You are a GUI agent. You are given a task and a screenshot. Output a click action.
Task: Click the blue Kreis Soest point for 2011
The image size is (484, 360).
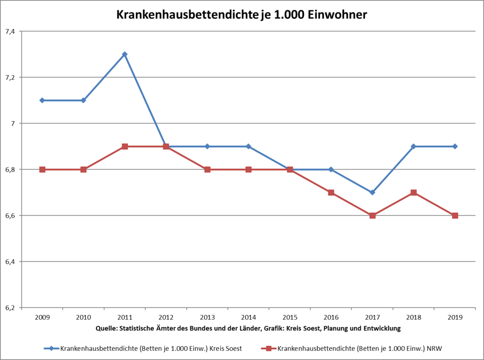124,54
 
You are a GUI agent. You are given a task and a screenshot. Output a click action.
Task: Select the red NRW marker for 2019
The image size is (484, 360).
455,216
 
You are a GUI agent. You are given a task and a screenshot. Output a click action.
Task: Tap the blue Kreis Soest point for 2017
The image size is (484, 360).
372,192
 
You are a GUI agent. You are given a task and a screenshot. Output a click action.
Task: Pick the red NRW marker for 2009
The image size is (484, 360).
42,170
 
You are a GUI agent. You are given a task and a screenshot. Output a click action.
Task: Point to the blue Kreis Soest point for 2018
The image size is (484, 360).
414,146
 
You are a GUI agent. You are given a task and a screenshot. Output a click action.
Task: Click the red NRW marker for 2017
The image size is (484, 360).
372,216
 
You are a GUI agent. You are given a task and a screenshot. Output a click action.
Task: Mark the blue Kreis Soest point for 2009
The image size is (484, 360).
42,100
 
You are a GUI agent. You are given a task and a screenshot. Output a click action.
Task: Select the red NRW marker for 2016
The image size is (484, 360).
331,192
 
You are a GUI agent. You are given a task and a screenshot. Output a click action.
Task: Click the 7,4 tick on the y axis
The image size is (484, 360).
10,31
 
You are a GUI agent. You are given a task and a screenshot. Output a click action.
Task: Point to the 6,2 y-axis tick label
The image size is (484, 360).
10,308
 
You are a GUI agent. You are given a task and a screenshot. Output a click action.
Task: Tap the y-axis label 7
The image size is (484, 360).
13,124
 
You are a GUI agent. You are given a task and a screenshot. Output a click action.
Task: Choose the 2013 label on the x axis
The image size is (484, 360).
207,317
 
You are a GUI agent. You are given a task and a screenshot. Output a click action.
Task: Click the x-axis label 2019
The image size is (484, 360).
455,317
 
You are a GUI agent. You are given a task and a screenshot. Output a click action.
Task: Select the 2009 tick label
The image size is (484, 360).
42,317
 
